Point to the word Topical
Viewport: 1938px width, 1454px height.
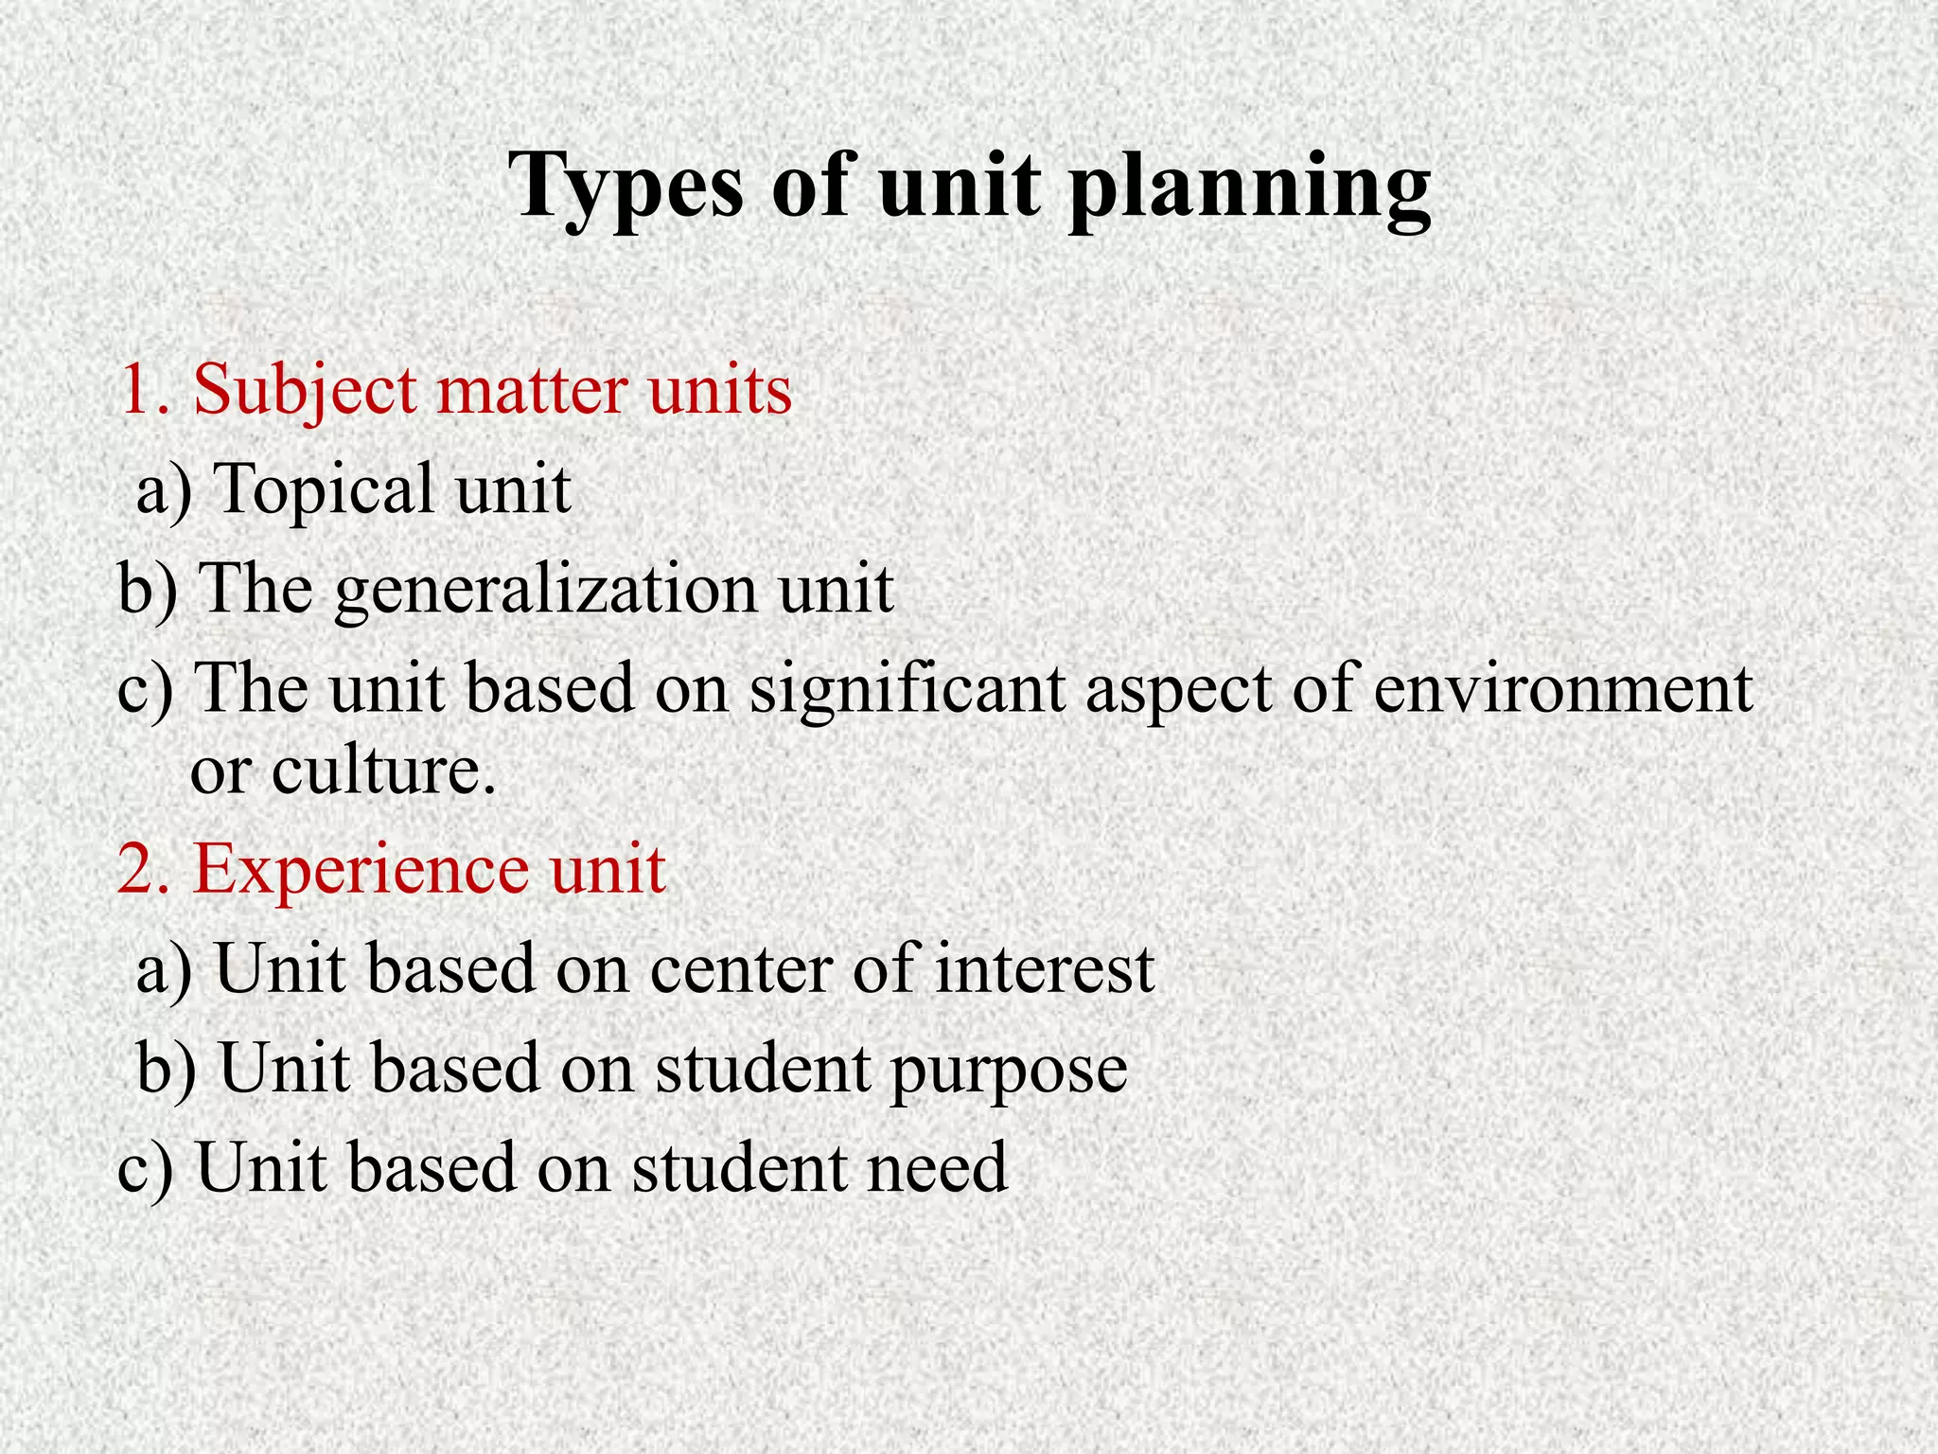(x=324, y=490)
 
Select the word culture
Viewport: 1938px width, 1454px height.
(x=383, y=771)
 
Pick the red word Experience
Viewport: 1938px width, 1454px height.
(x=361, y=869)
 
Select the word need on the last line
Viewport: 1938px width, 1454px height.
(x=938, y=1166)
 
